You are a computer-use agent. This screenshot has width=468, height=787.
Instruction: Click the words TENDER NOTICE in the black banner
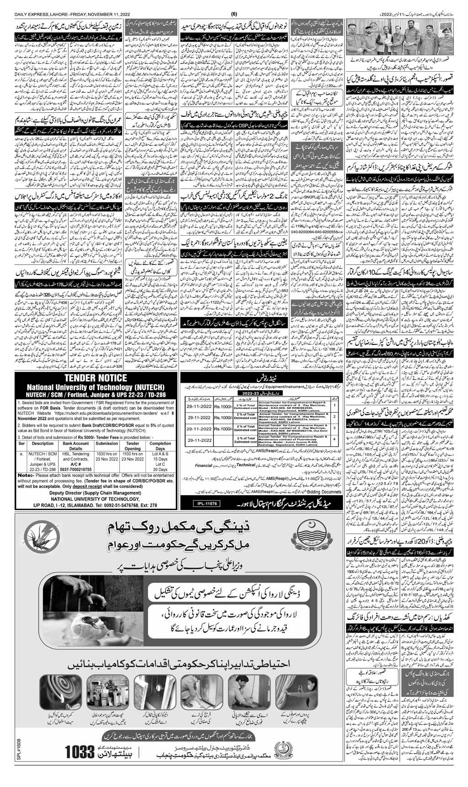(x=96, y=378)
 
